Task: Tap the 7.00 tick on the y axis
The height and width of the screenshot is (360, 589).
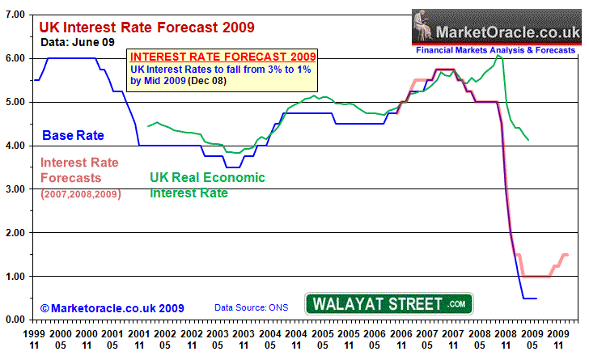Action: (x=15, y=15)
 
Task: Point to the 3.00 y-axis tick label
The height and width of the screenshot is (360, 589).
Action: (x=15, y=188)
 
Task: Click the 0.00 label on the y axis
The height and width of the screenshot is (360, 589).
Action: (x=15, y=320)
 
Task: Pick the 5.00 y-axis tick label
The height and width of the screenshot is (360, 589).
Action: (x=15, y=102)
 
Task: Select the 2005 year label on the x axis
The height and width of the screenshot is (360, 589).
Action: (x=323, y=332)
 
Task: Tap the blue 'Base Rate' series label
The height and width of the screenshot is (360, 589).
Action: (x=72, y=135)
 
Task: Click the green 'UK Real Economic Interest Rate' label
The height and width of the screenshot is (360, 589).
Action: (x=208, y=185)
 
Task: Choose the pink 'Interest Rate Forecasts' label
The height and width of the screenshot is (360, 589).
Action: (x=78, y=170)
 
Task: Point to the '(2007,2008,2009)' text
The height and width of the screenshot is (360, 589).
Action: (x=79, y=193)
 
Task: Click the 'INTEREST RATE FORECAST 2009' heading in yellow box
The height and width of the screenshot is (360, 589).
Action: (x=222, y=57)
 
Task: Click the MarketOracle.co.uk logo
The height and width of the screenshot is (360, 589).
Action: (x=496, y=31)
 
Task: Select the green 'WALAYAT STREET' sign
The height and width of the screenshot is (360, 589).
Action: (x=388, y=304)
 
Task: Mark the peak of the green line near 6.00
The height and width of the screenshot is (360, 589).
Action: (x=498, y=56)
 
